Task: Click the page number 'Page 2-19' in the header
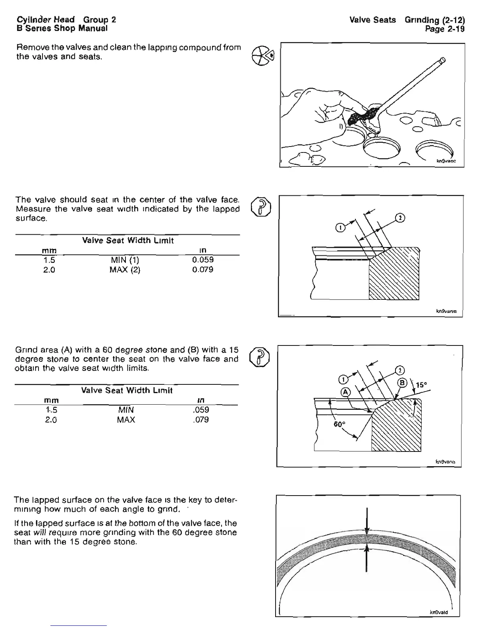[x=444, y=29]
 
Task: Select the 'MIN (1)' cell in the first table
[x=125, y=260]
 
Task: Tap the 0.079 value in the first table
[x=202, y=270]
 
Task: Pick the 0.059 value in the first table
[x=202, y=260]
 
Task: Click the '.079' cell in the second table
[x=201, y=420]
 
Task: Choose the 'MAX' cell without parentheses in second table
[x=126, y=420]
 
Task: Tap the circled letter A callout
[x=345, y=392]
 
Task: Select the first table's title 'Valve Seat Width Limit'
[x=128, y=241]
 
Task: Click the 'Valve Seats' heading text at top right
[x=372, y=20]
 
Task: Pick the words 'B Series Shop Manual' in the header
[x=62, y=29]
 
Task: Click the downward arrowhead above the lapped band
[x=368, y=530]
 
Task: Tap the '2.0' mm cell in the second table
[x=50, y=420]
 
